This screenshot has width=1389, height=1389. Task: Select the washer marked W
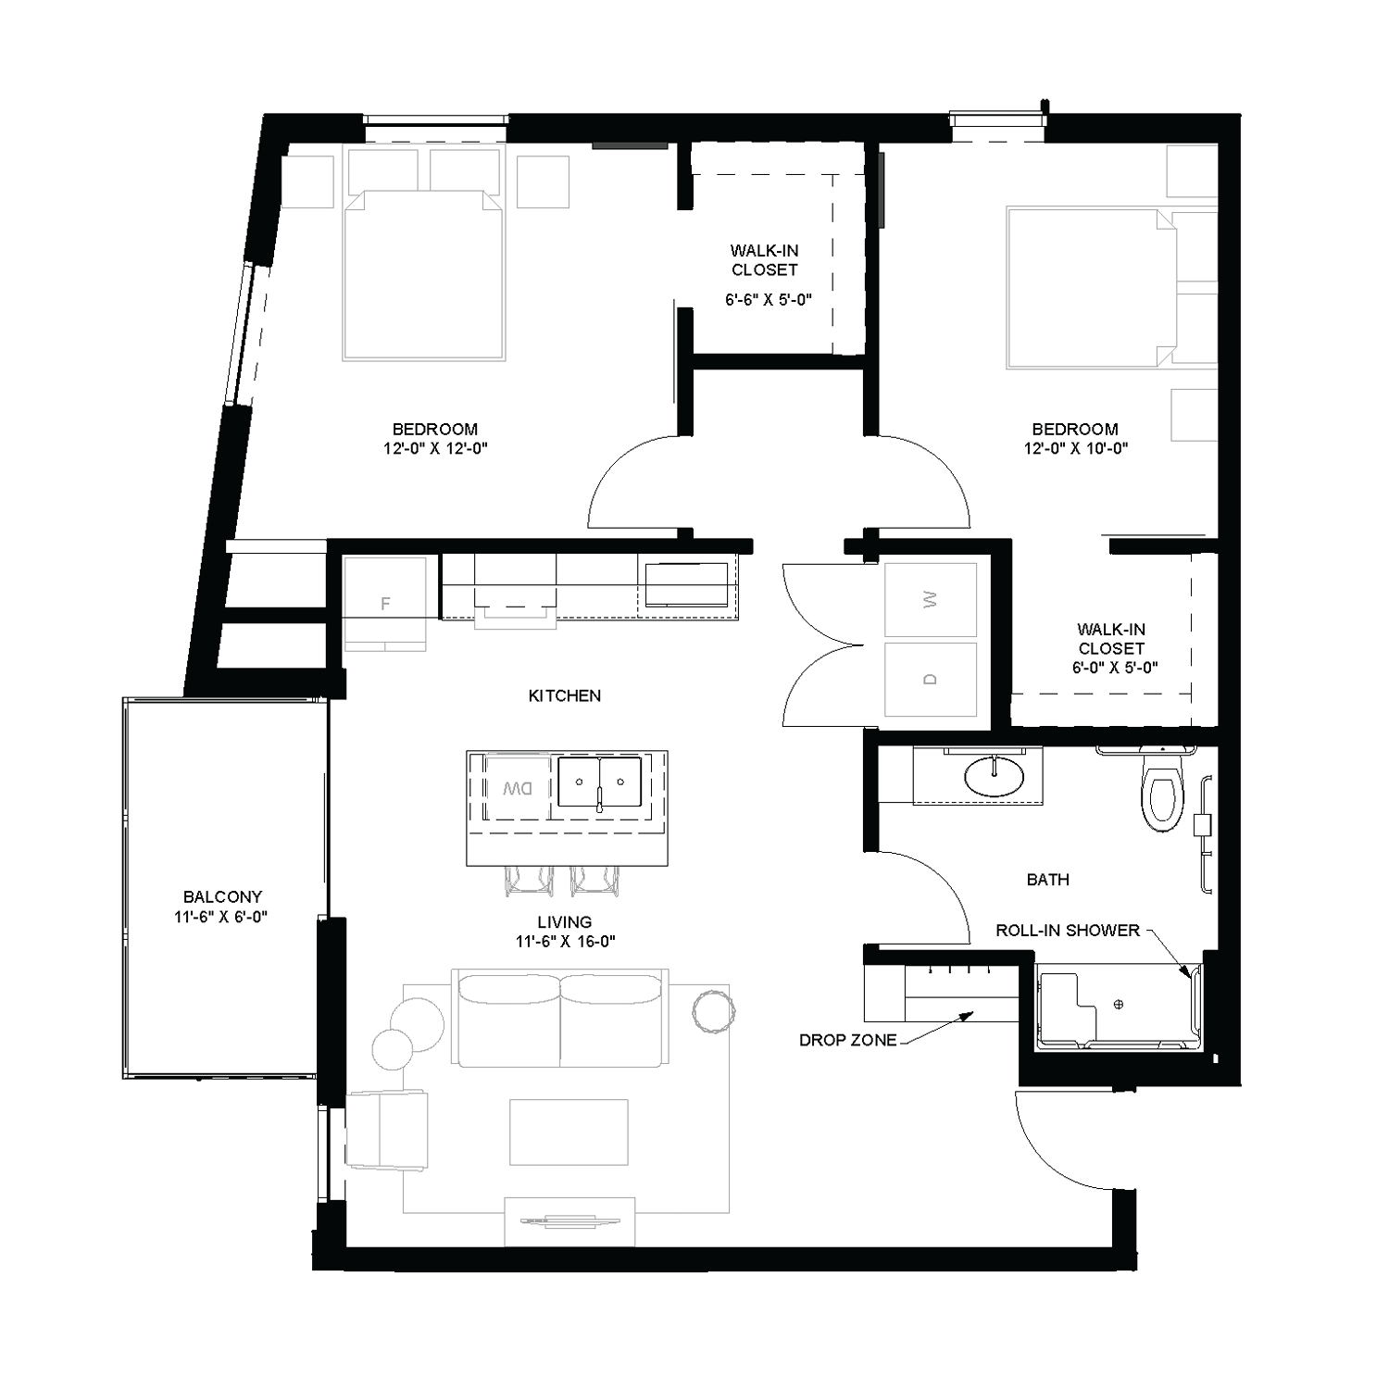[931, 600]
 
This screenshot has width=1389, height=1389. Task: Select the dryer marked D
[931, 679]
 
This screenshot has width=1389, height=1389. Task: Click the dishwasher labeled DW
[517, 789]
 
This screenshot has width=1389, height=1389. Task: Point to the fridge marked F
[385, 603]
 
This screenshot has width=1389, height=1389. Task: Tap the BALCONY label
[222, 896]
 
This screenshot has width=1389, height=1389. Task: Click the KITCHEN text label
[564, 695]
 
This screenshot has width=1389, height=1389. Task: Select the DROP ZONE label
[847, 1040]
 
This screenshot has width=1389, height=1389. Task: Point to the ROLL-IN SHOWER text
[1068, 930]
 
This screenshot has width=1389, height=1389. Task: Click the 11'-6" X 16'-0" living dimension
[565, 942]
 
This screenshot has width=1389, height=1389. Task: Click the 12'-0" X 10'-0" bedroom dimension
[1075, 448]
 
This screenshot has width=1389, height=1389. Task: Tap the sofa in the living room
[559, 1019]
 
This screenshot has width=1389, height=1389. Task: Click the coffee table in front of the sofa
[569, 1132]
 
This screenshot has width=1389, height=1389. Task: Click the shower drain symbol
[1119, 1004]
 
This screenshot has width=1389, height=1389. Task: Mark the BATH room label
[1047, 880]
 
